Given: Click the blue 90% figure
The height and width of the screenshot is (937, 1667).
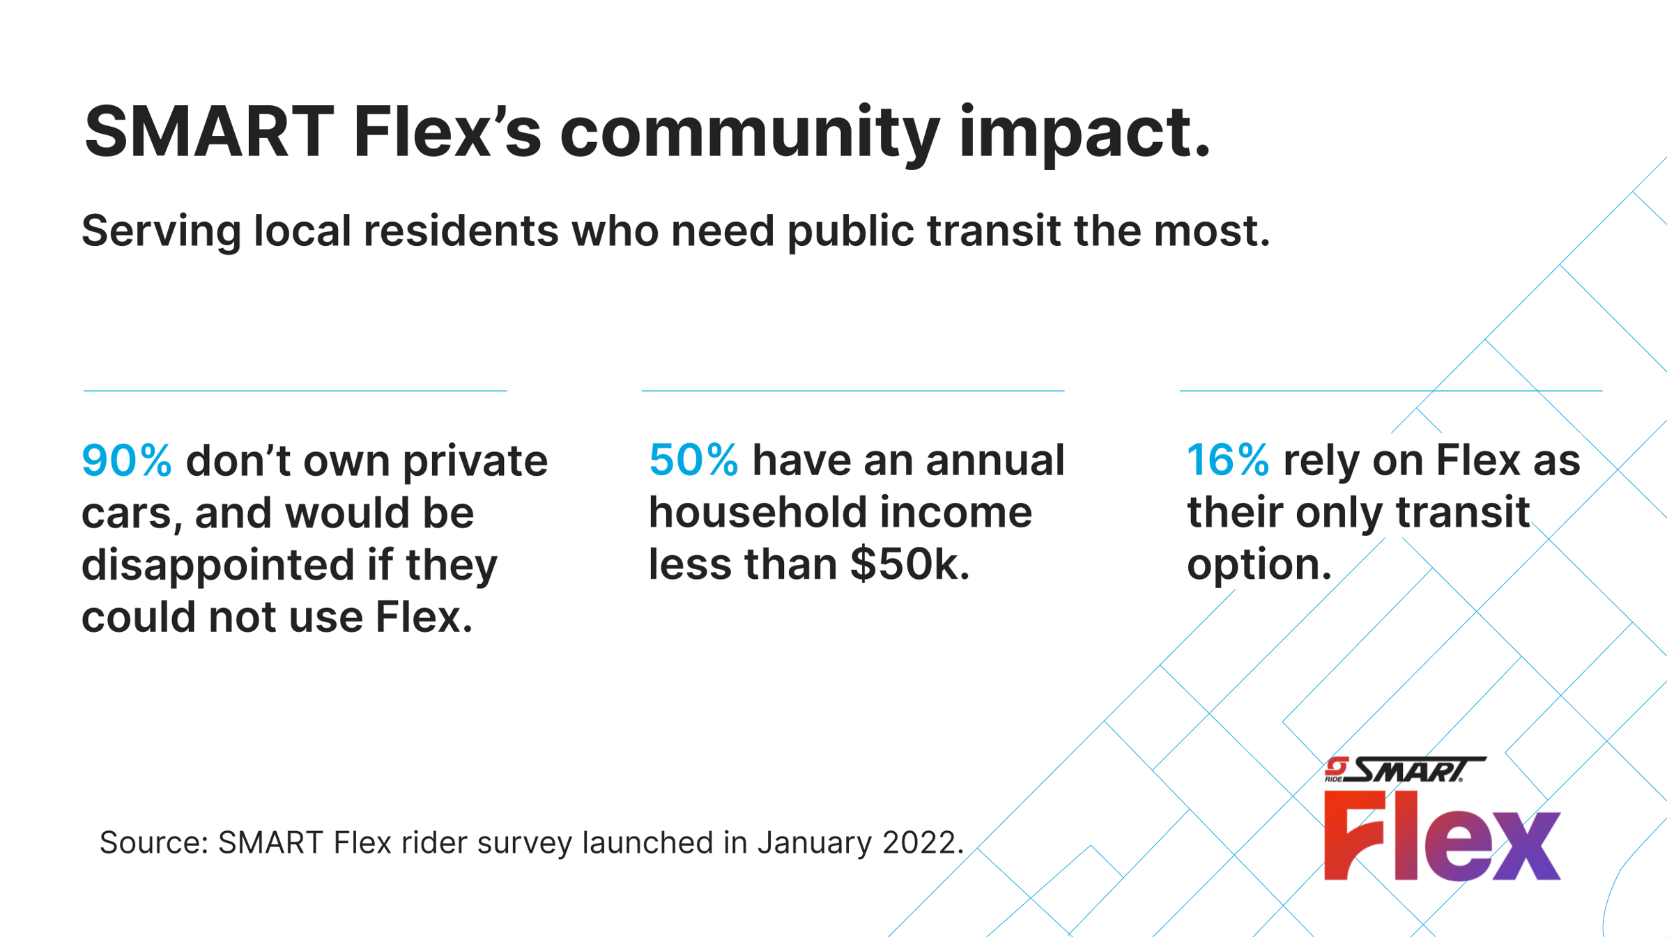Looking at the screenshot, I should (126, 461).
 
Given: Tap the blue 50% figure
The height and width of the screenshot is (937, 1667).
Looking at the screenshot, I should (693, 460).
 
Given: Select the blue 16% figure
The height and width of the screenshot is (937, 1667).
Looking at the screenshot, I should (1227, 460).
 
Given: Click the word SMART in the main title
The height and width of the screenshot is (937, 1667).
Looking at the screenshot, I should (208, 132).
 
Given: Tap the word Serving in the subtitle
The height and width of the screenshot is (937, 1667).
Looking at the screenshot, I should (161, 231).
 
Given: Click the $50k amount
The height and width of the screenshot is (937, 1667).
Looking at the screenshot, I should (909, 564).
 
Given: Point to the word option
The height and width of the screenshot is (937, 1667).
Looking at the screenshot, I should (1258, 564).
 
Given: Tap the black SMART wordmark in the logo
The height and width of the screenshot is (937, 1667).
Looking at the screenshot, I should (1415, 770).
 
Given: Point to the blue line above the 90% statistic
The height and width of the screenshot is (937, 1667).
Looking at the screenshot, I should (295, 391).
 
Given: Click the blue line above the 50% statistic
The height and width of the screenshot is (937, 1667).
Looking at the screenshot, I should (852, 391).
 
